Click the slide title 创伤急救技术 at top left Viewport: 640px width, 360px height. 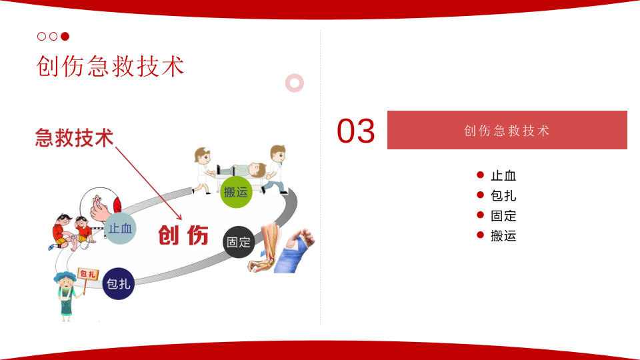point(110,66)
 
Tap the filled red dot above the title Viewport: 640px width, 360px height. point(65,36)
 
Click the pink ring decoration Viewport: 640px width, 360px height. point(294,83)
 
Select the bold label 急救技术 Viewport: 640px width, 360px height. point(74,137)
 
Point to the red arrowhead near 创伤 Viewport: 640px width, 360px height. point(179,217)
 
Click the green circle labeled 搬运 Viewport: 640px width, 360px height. point(236,192)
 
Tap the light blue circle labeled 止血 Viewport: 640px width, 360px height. point(120,228)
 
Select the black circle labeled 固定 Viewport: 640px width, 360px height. point(239,242)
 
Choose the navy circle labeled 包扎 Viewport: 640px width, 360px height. point(119,283)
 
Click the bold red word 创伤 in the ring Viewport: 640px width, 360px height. point(183,235)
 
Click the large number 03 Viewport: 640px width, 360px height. point(355,131)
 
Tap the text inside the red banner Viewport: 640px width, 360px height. point(507,131)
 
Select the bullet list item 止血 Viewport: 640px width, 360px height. point(503,176)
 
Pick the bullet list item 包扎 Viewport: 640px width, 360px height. point(503,196)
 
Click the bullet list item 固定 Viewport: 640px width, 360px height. point(503,216)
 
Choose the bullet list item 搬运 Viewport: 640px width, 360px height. point(503,236)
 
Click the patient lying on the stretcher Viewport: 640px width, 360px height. point(243,170)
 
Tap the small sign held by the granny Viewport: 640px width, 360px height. point(88,274)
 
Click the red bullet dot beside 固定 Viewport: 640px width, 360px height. point(481,215)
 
